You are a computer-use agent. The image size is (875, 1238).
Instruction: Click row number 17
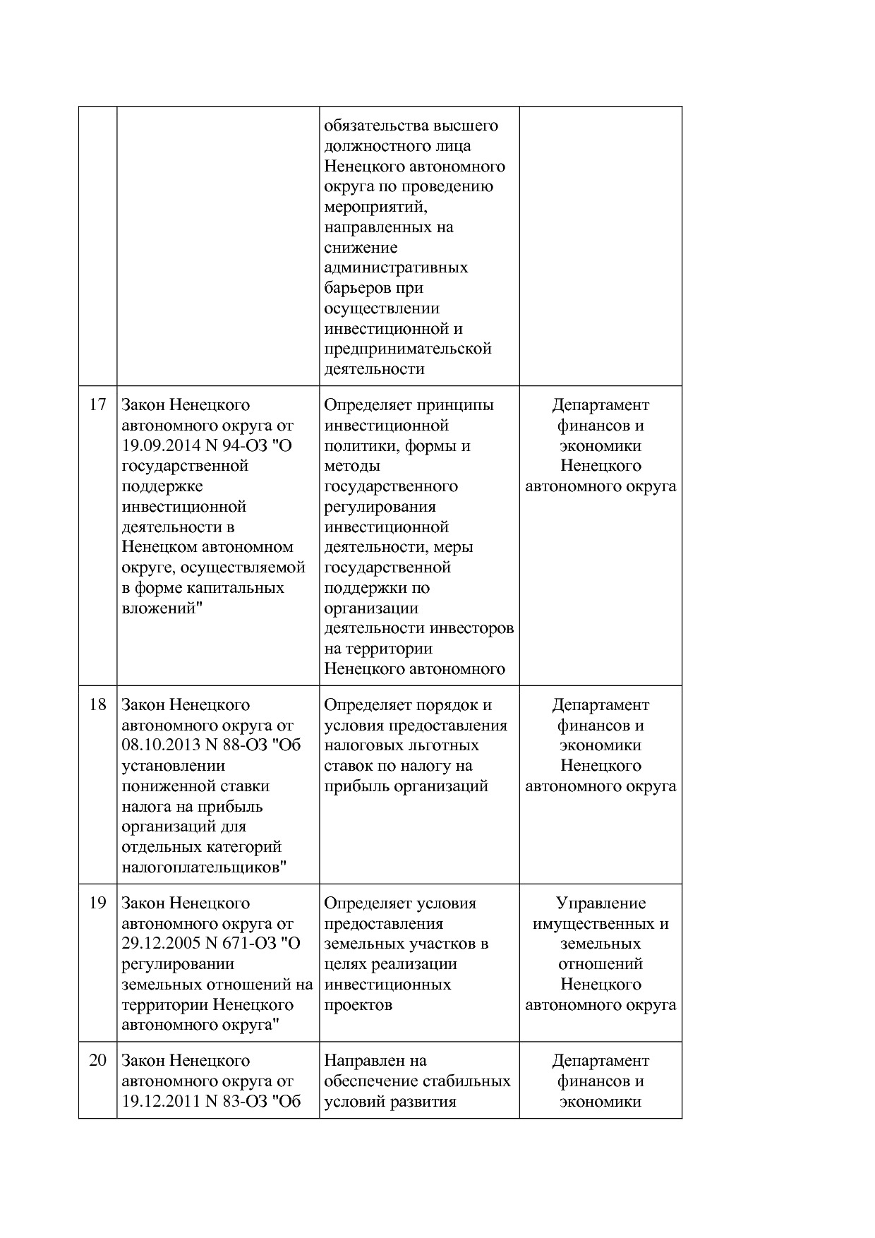[97, 404]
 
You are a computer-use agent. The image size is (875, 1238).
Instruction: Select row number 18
[97, 704]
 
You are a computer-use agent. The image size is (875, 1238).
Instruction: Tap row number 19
[97, 903]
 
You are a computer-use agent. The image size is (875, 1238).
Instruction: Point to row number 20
[97, 1060]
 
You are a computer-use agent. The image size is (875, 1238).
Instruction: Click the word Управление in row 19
[601, 903]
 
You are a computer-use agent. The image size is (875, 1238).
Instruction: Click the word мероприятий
[375, 207]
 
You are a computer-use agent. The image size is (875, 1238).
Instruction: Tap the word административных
[396, 268]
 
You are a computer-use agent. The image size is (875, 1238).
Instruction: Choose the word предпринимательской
[407, 349]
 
